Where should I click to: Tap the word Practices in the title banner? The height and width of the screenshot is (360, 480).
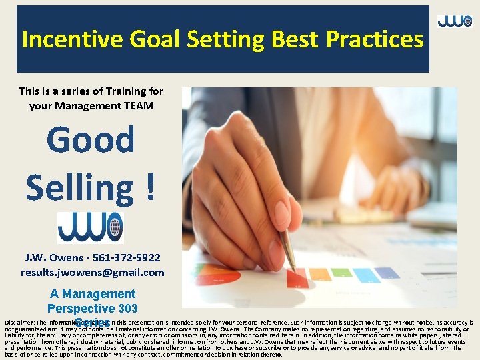tap(375, 39)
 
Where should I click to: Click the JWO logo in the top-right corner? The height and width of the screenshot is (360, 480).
tap(455, 21)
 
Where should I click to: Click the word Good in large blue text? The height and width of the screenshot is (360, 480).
tap(91, 140)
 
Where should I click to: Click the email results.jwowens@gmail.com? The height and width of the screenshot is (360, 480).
tap(92, 272)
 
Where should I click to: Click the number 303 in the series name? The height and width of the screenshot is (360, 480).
tap(126, 308)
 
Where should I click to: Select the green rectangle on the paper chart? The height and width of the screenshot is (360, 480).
tap(341, 272)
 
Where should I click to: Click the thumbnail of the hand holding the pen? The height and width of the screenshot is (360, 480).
tap(319, 197)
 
